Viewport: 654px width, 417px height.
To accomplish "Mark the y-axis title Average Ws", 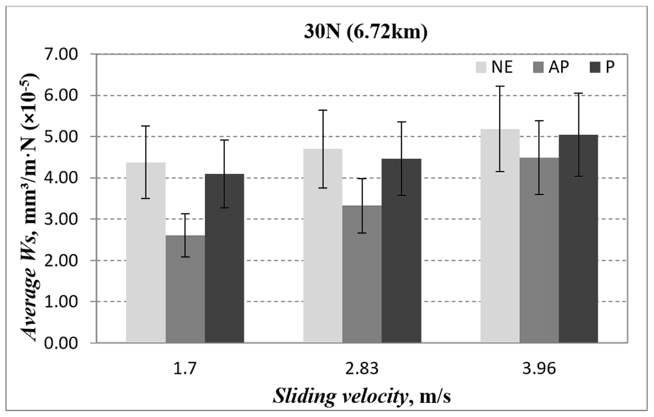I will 30,207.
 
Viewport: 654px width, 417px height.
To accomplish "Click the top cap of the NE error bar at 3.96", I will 500,86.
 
